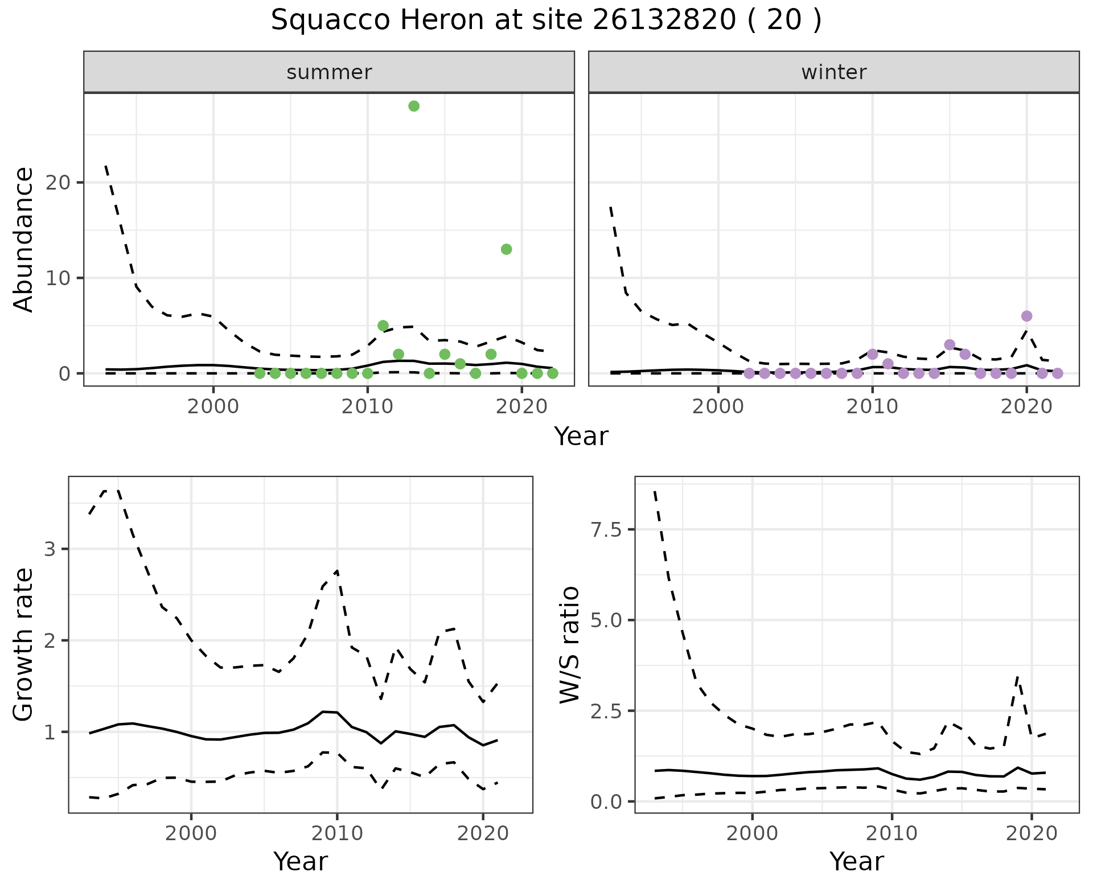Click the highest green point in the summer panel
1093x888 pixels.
click(x=414, y=106)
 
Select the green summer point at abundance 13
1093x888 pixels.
click(x=506, y=249)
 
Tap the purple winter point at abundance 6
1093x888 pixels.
click(x=1026, y=316)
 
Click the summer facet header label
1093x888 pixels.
click(x=329, y=73)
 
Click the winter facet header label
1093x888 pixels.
click(x=833, y=73)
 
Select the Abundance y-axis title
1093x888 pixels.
click(x=24, y=240)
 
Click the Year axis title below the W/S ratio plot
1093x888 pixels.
click(x=856, y=862)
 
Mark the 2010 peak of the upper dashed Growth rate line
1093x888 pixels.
click(x=337, y=570)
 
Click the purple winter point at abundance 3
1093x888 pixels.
click(x=950, y=344)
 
